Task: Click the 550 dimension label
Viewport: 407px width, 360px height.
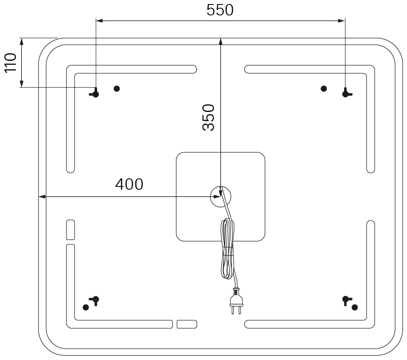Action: pos(220,10)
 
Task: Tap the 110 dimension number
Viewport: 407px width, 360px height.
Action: pos(11,63)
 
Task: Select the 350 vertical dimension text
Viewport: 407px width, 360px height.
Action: pos(209,117)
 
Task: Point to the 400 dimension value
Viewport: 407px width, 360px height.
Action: pos(129,184)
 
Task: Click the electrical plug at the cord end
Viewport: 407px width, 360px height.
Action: pos(236,302)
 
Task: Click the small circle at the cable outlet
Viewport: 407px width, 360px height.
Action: pos(220,197)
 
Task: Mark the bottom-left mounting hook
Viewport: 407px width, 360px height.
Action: pos(95,300)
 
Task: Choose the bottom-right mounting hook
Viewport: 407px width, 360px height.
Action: pos(347,300)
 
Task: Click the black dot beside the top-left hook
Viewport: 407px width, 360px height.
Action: pos(117,89)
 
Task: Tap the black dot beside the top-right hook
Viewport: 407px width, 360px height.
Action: pos(324,89)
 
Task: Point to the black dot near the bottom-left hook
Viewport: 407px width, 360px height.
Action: pos(86,307)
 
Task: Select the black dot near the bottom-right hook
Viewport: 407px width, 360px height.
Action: pos(355,307)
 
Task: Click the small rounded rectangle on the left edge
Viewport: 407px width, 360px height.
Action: pos(70,230)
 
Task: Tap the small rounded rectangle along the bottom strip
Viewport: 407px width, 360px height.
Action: pos(187,324)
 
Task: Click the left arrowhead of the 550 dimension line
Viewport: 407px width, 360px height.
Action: pos(99,21)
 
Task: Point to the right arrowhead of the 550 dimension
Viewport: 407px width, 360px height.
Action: pos(342,21)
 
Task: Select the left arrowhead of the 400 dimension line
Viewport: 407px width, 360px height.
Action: pos(42,197)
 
